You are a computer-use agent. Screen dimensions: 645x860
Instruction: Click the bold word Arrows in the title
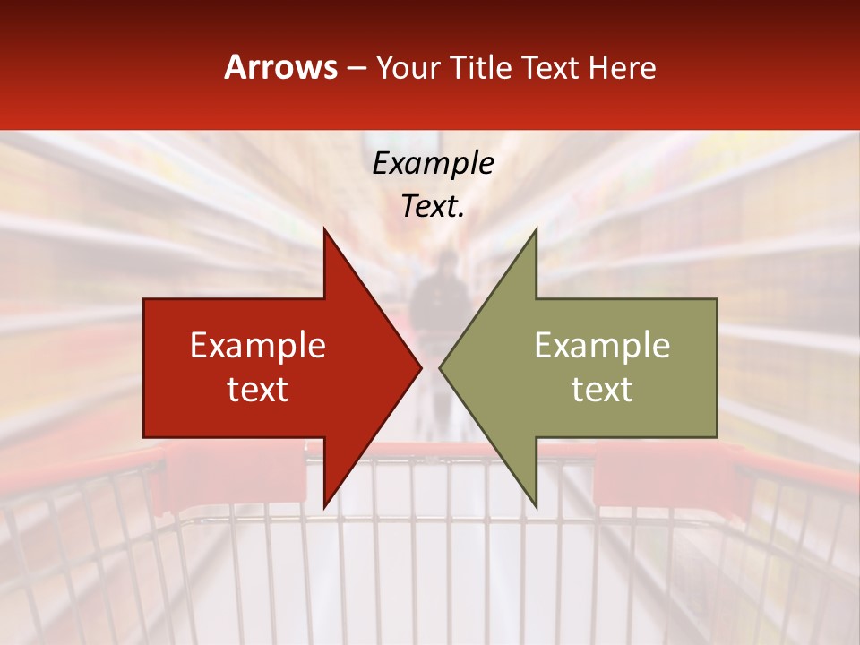pyautogui.click(x=281, y=67)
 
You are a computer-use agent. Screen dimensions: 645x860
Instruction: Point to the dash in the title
pyautogui.click(x=356, y=69)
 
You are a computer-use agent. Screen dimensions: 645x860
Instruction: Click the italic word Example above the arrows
pyautogui.click(x=433, y=163)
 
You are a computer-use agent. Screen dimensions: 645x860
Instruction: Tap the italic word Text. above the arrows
pyautogui.click(x=433, y=207)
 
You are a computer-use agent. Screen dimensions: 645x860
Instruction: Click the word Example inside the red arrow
pyautogui.click(x=257, y=346)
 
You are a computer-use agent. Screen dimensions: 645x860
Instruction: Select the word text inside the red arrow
pyautogui.click(x=257, y=390)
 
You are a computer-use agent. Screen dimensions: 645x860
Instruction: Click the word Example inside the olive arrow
pyautogui.click(x=602, y=346)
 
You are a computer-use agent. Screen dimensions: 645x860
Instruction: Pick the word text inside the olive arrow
pyautogui.click(x=602, y=390)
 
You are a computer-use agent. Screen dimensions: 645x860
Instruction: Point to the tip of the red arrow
pyautogui.click(x=420, y=367)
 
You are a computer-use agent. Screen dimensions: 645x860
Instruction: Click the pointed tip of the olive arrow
pyautogui.click(x=441, y=367)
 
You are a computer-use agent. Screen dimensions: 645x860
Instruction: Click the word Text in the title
pyautogui.click(x=550, y=68)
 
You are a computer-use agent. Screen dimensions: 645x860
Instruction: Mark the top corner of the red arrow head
pyautogui.click(x=324, y=231)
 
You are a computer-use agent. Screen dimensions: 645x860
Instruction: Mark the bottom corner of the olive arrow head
pyautogui.click(x=536, y=505)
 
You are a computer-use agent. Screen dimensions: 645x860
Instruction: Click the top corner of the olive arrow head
pyautogui.click(x=536, y=231)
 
